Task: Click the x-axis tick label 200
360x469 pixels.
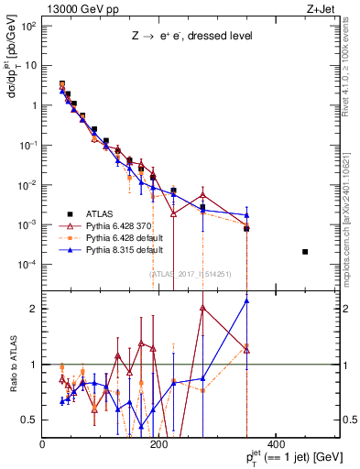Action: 158,445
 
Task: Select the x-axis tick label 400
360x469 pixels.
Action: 275,445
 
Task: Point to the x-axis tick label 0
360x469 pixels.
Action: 42,445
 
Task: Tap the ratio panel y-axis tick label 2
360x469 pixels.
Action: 34,309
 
